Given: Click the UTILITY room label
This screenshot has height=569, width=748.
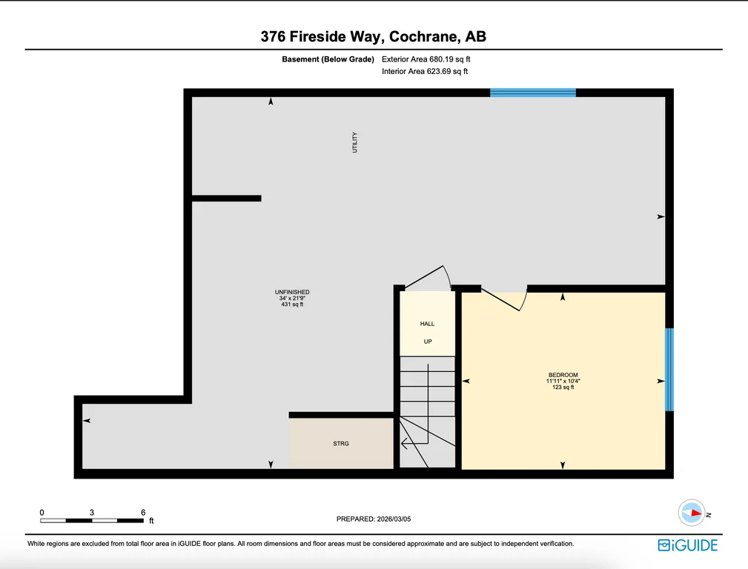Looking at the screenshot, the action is coord(354,142).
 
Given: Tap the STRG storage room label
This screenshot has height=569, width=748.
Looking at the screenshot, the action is coord(341,444).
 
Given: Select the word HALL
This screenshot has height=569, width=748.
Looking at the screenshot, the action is coord(428,324).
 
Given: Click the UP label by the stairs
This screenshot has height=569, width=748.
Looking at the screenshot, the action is coord(428,342).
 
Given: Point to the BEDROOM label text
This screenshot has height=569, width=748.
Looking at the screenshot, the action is coord(563,375).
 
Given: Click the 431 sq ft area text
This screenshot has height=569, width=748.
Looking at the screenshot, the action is coord(292,305).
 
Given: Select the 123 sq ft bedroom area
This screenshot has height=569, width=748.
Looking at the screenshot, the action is coord(563,387).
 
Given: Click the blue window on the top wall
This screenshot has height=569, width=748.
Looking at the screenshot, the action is coord(533,93).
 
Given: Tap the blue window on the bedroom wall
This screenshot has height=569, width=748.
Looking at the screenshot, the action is coord(669,370).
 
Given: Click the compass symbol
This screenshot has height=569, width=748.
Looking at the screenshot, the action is coord(692,513).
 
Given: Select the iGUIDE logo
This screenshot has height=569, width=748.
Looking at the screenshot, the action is coord(687,545).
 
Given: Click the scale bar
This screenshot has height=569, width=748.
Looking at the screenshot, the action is coord(92,520).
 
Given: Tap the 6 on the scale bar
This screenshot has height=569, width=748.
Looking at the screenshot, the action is coord(143,512).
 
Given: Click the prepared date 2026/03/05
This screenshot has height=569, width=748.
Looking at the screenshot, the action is coord(394,519).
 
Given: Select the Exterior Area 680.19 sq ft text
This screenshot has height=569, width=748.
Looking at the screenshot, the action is coord(426,59).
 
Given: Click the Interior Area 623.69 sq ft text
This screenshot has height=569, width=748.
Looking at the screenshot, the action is coord(425,71).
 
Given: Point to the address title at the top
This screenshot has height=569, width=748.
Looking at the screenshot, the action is coord(374,36).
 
